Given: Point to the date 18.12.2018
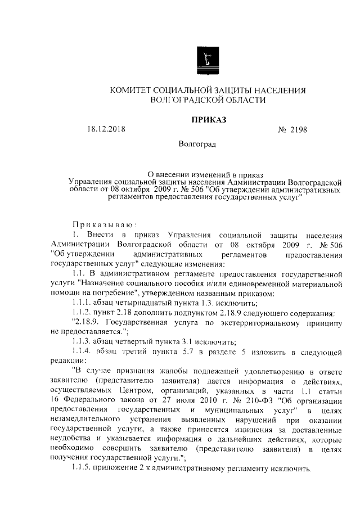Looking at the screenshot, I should point(106,129).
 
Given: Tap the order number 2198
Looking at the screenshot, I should point(301,130).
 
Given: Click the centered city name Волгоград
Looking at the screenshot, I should point(196,144).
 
